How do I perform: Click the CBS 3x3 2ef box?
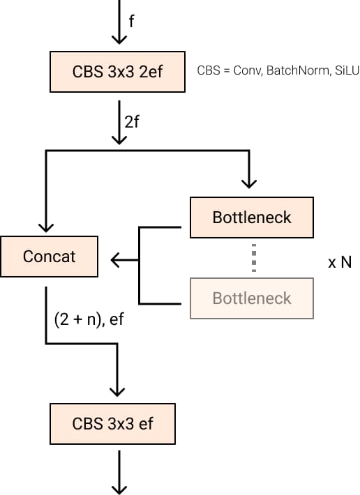click(117, 72)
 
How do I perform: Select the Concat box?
click(50, 257)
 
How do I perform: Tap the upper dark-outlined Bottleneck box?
click(252, 218)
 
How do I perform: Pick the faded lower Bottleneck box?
click(252, 298)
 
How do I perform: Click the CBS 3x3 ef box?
click(112, 424)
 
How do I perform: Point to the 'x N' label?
click(340, 262)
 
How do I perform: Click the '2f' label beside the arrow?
click(132, 122)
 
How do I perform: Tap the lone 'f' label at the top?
click(131, 21)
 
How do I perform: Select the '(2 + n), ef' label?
click(89, 319)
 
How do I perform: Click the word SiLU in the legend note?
click(347, 70)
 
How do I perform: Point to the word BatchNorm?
click(297, 70)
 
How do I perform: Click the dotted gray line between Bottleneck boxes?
click(254, 257)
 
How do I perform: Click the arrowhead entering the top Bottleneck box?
click(249, 184)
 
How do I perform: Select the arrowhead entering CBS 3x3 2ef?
click(119, 40)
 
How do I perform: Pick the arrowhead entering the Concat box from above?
click(46, 228)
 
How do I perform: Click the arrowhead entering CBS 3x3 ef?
click(117, 392)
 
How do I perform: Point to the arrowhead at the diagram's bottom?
click(119, 490)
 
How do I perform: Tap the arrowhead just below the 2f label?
click(119, 140)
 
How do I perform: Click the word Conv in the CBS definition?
click(248, 70)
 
